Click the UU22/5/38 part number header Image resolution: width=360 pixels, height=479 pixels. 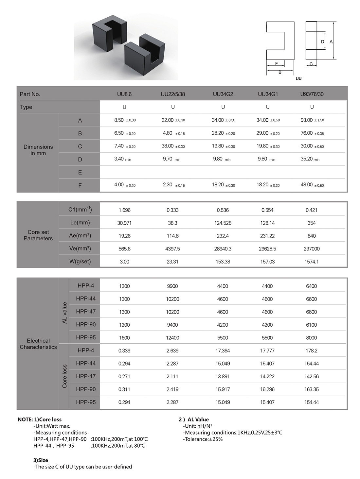point(172,94)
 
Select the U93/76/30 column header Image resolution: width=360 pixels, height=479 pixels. point(312,94)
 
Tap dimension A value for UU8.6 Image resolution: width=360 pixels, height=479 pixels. point(125,120)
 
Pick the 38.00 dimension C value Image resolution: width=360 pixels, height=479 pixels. point(173,146)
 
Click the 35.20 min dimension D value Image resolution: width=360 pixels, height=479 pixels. point(310,159)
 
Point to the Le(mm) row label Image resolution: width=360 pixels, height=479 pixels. point(80,223)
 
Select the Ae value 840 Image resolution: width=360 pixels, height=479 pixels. point(312,236)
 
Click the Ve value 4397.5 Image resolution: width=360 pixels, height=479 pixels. point(172,249)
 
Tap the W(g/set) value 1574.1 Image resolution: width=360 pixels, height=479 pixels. point(312,262)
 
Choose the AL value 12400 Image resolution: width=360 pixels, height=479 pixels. point(172,338)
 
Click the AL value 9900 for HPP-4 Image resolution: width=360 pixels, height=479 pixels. point(172,286)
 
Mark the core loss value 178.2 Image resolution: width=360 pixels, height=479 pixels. point(312,351)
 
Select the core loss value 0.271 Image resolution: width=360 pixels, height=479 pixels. point(124,376)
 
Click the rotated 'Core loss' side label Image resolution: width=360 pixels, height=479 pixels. point(64,376)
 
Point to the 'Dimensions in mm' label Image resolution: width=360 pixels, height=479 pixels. point(38,150)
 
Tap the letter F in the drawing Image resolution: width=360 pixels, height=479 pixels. point(277,64)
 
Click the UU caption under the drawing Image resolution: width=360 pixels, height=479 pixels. point(298,79)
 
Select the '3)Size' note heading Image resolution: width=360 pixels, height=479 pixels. point(41,460)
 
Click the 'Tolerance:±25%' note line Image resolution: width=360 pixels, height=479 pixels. point(203,439)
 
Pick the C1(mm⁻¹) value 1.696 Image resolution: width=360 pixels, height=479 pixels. point(124,210)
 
